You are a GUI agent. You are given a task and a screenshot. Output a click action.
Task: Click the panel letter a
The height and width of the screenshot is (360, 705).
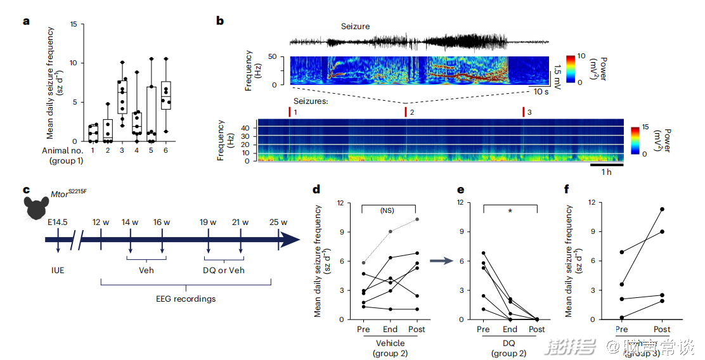[27, 21]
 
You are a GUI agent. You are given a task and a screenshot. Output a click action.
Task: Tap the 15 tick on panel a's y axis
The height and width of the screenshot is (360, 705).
[74, 24]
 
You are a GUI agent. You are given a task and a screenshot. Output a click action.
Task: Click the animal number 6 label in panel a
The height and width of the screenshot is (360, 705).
[166, 150]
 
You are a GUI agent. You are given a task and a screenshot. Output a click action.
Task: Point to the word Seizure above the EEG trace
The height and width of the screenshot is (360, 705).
[355, 27]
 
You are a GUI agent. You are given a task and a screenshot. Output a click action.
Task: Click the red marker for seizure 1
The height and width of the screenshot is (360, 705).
[290, 112]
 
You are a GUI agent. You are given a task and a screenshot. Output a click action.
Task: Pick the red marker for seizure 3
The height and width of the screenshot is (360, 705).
[523, 112]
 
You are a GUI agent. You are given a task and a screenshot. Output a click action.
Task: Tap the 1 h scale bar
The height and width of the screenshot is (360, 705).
[606, 165]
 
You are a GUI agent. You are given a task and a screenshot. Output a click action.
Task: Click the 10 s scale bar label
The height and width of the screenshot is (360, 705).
[541, 92]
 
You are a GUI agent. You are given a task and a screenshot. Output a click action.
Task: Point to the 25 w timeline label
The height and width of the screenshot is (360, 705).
[279, 222]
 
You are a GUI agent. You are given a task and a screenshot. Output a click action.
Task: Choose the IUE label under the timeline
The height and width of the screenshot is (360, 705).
[58, 269]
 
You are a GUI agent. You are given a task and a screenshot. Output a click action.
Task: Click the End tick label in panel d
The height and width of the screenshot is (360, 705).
[390, 330]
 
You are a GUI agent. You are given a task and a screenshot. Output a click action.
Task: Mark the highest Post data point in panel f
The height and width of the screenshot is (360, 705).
[661, 209]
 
